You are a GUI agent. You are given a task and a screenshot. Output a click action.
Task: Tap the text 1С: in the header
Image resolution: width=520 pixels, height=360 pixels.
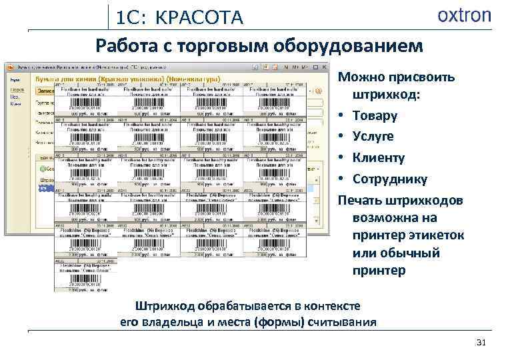pyautogui.click(x=131, y=18)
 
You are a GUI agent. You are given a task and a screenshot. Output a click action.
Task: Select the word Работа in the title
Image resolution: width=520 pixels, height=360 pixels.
pyautogui.click(x=125, y=46)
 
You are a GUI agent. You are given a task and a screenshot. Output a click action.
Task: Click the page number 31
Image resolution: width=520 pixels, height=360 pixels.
pyautogui.click(x=481, y=343)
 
